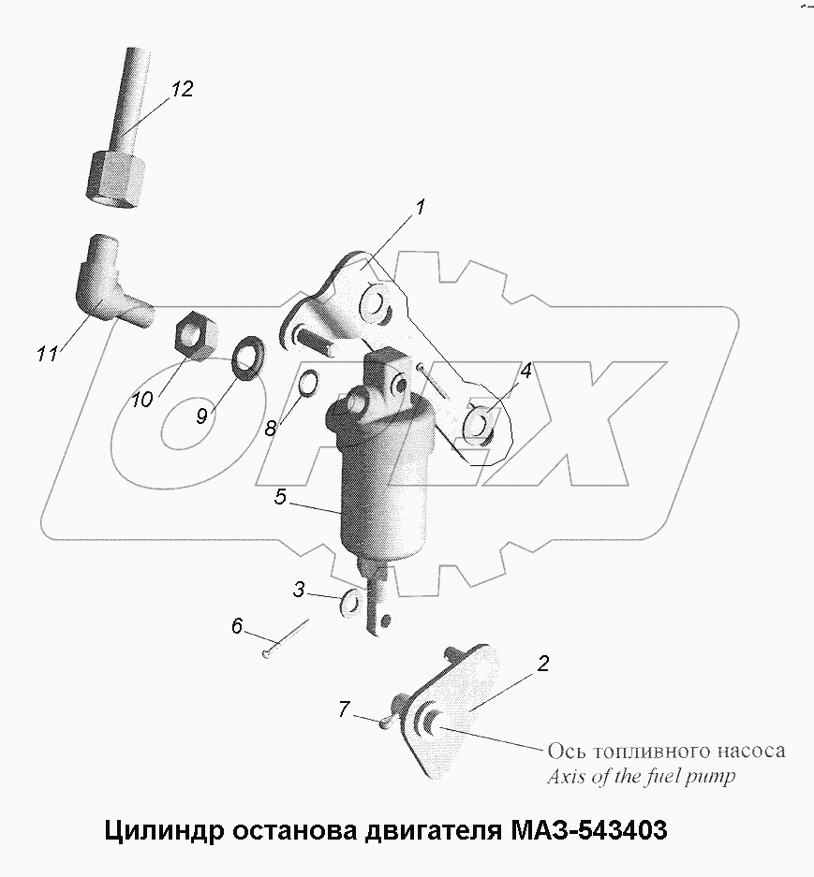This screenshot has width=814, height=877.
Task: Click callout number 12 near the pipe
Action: pyautogui.click(x=181, y=89)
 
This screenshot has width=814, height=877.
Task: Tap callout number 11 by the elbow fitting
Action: pyautogui.click(x=47, y=354)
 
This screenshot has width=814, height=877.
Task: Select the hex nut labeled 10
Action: pyautogui.click(x=198, y=331)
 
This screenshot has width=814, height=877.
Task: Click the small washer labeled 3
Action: pyautogui.click(x=350, y=604)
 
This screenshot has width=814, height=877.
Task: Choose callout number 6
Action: pyautogui.click(x=236, y=625)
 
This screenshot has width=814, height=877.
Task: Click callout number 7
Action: pyautogui.click(x=344, y=710)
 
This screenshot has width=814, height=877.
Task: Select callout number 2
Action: pyautogui.click(x=542, y=664)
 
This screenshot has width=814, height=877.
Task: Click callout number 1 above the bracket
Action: pyautogui.click(x=421, y=207)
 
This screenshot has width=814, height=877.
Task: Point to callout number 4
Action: pyautogui.click(x=526, y=371)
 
